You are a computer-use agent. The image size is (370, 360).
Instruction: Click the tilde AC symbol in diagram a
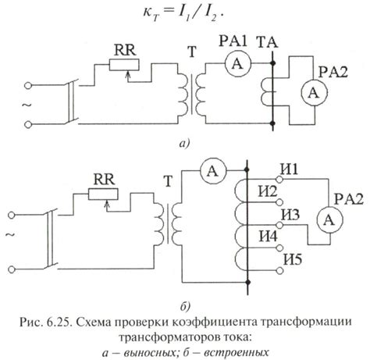click(10, 104)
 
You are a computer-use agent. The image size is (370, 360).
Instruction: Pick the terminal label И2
click(269, 191)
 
